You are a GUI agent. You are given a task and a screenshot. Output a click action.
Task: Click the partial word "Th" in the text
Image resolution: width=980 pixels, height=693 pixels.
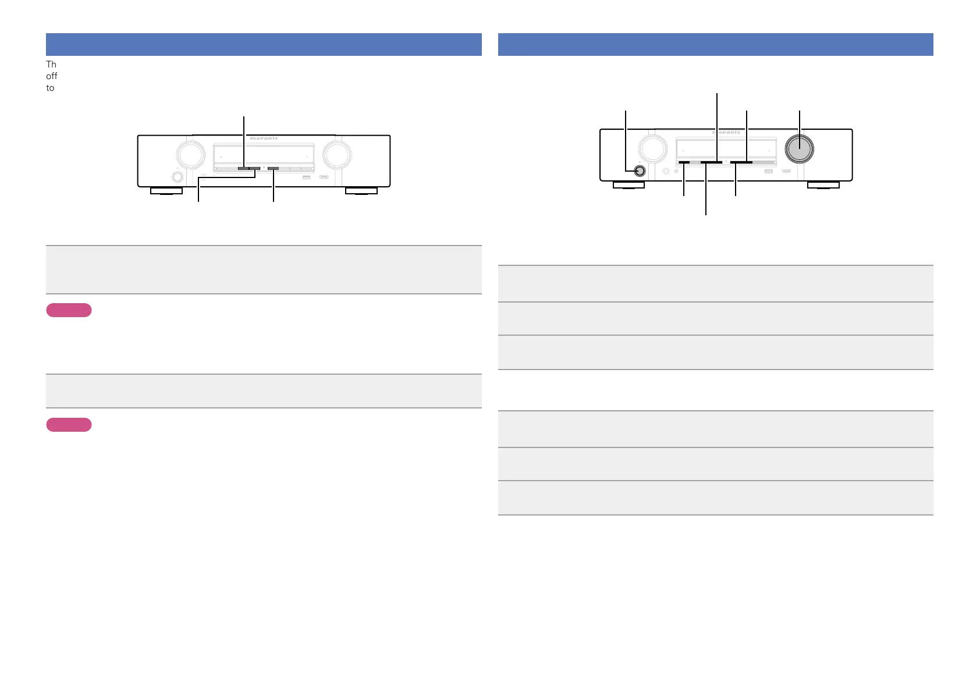pyautogui.click(x=51, y=64)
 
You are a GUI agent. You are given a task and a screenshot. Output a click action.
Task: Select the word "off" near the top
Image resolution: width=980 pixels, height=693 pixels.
pyautogui.click(x=52, y=76)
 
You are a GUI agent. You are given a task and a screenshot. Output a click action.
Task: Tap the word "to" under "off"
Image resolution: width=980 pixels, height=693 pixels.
pyautogui.click(x=51, y=88)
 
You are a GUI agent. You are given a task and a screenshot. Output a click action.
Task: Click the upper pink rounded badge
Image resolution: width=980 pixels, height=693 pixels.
pyautogui.click(x=69, y=310)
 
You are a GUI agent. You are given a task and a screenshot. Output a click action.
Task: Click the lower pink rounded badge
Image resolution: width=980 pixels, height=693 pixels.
pyautogui.click(x=69, y=424)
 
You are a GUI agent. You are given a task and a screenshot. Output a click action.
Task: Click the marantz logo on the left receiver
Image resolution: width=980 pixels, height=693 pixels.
pyautogui.click(x=264, y=139)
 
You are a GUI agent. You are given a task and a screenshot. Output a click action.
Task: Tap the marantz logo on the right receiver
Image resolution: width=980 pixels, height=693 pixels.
pyautogui.click(x=726, y=133)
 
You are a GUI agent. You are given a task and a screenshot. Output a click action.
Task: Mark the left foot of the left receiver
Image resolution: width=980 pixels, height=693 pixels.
pyautogui.click(x=166, y=191)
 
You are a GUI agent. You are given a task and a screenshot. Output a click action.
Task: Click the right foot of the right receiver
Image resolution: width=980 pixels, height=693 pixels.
pyautogui.click(x=823, y=185)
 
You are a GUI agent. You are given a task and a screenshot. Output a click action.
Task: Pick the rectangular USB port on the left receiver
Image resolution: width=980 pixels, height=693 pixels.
pyautogui.click(x=306, y=177)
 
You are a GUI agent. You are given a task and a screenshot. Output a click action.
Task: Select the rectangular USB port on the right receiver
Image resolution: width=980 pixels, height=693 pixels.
pyautogui.click(x=768, y=171)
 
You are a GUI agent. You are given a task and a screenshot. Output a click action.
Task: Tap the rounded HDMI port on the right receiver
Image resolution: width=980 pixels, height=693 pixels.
pyautogui.click(x=786, y=171)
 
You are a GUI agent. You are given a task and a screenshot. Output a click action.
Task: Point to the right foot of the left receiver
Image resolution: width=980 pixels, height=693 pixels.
pyautogui.click(x=361, y=191)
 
